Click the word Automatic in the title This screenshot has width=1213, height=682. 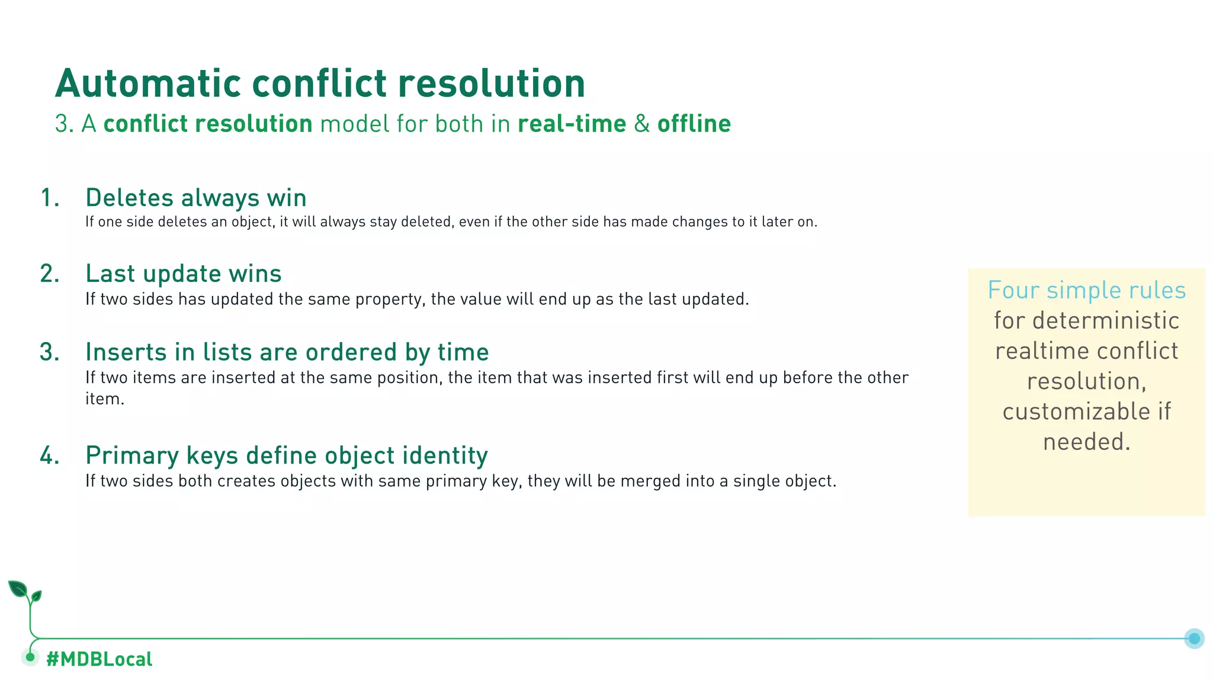148,83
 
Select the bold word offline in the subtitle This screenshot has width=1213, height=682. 694,124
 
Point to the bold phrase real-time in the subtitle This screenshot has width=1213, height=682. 572,124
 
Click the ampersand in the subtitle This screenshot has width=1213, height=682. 641,124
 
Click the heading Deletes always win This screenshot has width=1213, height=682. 196,198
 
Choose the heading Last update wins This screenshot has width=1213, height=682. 184,274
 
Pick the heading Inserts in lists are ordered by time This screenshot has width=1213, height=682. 287,352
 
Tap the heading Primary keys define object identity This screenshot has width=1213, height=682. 287,455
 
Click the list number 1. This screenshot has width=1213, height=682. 50,198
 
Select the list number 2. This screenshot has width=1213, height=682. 50,274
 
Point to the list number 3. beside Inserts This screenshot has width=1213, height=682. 50,352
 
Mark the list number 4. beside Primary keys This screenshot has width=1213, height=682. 50,455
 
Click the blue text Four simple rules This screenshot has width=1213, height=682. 1086,290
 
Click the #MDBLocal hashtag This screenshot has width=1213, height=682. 100,659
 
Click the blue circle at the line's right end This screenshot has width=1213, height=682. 1194,638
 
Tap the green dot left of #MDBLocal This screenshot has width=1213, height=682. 30,657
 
